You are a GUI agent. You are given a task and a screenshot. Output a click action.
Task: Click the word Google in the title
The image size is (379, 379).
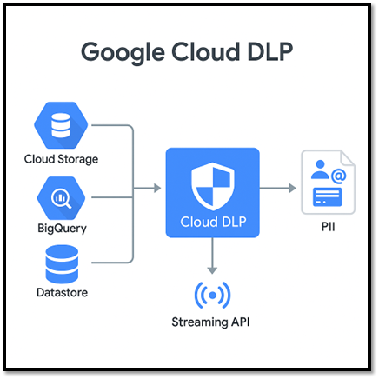click(123, 52)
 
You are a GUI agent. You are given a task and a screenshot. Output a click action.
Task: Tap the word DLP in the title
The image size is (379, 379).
click(270, 51)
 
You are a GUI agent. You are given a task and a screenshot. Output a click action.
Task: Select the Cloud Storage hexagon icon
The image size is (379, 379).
click(61, 125)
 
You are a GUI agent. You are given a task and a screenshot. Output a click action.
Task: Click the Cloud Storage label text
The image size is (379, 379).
click(61, 159)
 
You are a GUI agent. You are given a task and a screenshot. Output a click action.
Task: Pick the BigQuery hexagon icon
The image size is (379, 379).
click(61, 198)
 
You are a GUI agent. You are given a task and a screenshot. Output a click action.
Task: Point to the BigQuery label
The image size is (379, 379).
click(62, 229)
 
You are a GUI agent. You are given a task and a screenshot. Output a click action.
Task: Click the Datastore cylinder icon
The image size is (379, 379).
click(62, 264)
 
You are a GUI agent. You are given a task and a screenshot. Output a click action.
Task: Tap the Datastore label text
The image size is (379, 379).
click(62, 292)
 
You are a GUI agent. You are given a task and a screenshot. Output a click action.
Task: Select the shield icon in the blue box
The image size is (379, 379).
click(213, 186)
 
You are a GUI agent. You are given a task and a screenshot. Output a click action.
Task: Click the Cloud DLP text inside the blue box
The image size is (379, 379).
click(213, 222)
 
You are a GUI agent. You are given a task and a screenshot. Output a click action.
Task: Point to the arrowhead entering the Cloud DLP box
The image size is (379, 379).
click(157, 188)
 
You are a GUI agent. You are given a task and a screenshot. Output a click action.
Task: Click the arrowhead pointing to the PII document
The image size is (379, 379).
click(293, 188)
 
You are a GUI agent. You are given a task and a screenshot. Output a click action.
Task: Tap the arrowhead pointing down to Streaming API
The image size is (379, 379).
click(212, 270)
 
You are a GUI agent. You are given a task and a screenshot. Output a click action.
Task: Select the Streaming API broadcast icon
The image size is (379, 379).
click(212, 296)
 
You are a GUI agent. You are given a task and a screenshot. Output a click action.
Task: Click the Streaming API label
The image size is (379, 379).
click(210, 322)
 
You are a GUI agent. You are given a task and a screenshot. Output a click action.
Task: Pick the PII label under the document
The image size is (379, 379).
click(328, 227)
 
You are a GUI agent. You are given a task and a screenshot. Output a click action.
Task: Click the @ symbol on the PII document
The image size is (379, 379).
click(338, 176)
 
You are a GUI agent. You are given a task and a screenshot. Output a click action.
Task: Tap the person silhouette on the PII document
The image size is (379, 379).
click(320, 170)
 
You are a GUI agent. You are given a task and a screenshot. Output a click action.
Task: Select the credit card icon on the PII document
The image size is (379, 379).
click(327, 197)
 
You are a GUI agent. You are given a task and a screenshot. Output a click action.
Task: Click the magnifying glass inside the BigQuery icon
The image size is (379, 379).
click(62, 198)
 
